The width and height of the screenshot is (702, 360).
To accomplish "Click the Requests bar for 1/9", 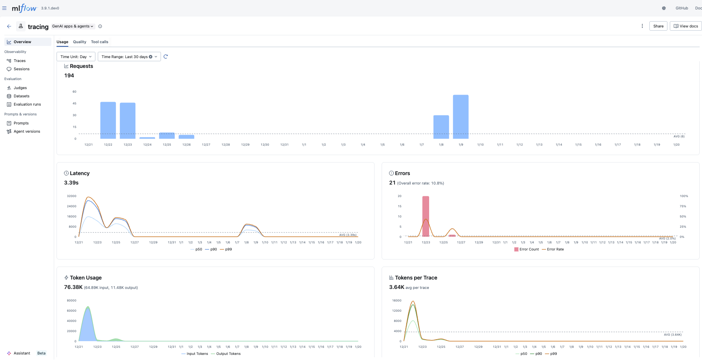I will click(461, 117).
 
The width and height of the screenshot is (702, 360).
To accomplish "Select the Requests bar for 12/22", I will click(108, 120).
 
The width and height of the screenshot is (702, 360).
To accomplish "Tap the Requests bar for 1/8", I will click(441, 127).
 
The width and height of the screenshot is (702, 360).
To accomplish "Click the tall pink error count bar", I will click(426, 216).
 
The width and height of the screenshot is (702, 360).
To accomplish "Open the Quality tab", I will click(79, 42).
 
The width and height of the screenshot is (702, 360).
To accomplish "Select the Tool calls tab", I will click(99, 42).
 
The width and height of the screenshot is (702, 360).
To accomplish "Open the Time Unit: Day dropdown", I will click(76, 57).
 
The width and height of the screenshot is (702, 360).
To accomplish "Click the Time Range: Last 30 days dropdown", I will click(129, 57).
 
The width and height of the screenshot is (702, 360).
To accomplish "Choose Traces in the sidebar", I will click(20, 61).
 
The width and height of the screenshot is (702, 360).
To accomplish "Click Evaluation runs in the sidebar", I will click(27, 104).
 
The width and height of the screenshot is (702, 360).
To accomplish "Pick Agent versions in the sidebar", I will click(27, 132).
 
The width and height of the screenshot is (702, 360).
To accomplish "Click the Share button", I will click(658, 26).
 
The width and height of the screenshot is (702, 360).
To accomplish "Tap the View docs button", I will click(686, 26).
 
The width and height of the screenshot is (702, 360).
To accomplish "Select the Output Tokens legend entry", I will click(228, 354).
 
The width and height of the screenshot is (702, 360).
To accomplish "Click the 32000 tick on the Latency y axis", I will click(71, 196).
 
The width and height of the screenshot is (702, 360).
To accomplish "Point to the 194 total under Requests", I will click(69, 76).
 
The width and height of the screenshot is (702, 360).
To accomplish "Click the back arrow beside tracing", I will click(9, 26).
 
